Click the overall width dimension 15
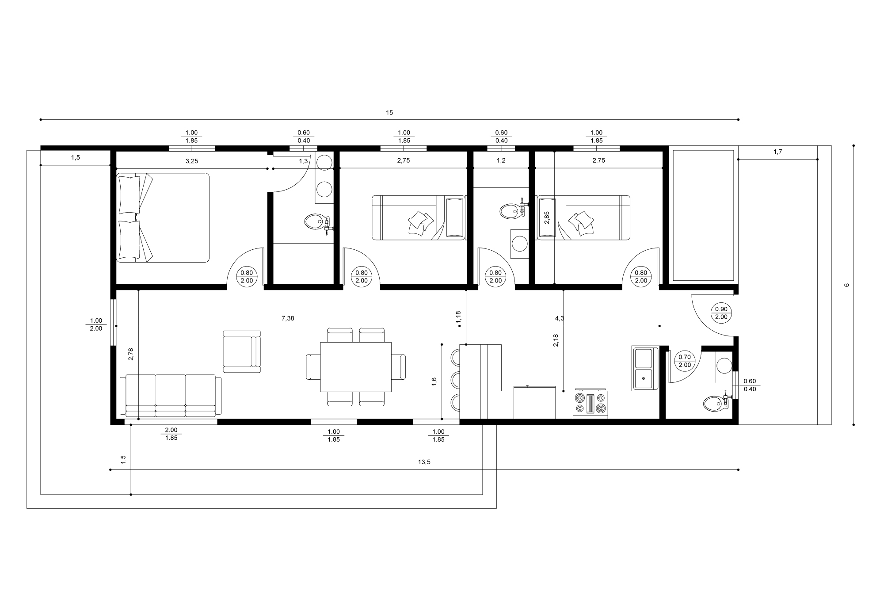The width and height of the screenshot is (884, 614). (x=389, y=113)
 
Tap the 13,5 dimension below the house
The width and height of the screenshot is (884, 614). (x=424, y=462)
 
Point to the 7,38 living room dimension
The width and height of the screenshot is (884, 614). (x=287, y=318)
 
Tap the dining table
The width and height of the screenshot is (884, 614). (x=356, y=367)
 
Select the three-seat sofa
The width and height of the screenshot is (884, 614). (x=171, y=395)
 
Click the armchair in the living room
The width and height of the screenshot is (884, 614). (x=242, y=351)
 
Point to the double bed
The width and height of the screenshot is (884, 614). (x=163, y=217)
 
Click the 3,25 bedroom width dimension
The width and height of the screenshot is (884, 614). (x=191, y=161)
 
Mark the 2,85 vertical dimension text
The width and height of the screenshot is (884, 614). (x=547, y=217)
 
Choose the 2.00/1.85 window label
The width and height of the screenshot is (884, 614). (x=171, y=434)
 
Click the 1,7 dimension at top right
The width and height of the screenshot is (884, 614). (x=778, y=152)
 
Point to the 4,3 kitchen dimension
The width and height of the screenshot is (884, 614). (x=559, y=318)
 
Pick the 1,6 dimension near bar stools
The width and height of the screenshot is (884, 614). (x=434, y=382)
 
